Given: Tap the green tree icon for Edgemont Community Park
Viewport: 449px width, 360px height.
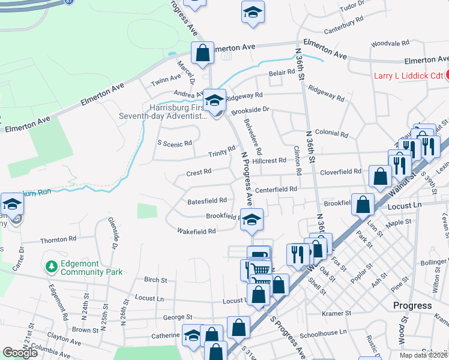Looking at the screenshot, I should click(x=51, y=266).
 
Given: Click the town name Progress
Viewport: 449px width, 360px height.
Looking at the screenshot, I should click(x=412, y=305).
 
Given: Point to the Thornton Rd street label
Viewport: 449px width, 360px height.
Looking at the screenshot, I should click(x=58, y=240).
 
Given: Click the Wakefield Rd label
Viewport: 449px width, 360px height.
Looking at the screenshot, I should click(x=196, y=231).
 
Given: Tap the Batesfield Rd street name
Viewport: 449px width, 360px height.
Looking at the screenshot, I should click(x=206, y=200).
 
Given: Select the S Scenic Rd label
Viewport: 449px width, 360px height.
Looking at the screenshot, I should click(x=175, y=143).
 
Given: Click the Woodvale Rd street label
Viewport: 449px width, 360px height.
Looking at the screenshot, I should click(x=390, y=44).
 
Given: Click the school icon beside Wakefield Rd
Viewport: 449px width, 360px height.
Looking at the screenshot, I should click(x=252, y=220).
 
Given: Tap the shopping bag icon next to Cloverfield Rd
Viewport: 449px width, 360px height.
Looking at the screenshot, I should click(x=380, y=176).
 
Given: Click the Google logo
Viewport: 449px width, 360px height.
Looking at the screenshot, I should click(x=20, y=353).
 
